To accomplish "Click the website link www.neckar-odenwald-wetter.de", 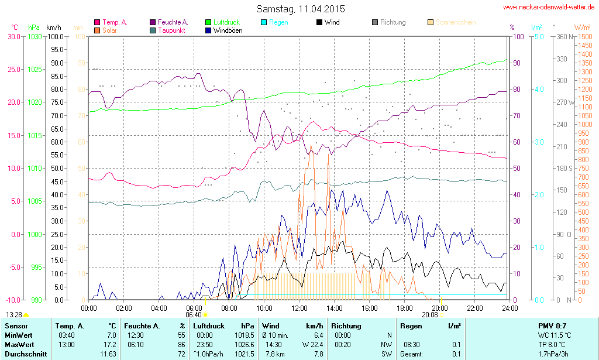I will pyautogui.click(x=548, y=7).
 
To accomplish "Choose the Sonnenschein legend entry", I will pyautogui.click(x=455, y=22).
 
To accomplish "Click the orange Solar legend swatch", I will pyautogui.click(x=97, y=30).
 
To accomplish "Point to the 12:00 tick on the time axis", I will pyautogui.click(x=299, y=308).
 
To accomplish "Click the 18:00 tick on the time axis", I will pyautogui.click(x=405, y=308).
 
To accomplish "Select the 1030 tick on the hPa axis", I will pyautogui.click(x=35, y=36).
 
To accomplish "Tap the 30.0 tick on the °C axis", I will pyautogui.click(x=14, y=36).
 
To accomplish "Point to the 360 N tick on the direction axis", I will pyautogui.click(x=562, y=36).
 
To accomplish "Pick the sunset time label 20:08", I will pyautogui.click(x=430, y=314).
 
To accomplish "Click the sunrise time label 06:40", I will pyautogui.click(x=193, y=314).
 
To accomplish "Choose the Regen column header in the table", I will pyautogui.click(x=411, y=326).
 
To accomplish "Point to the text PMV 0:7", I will pyautogui.click(x=552, y=326).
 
